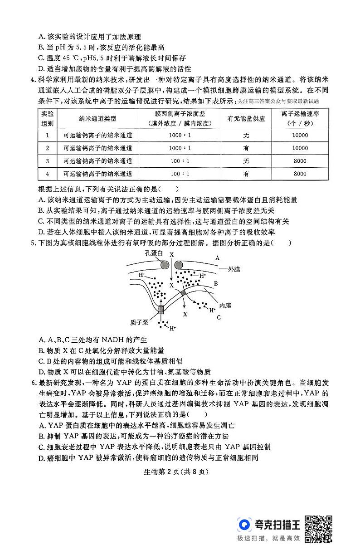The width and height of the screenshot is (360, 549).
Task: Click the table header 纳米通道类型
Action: click(97, 119)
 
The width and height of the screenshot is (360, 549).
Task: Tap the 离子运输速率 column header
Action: click(300, 119)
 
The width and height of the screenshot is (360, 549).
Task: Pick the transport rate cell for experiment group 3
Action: click(300, 160)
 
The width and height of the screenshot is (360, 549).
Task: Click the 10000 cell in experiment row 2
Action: click(300, 148)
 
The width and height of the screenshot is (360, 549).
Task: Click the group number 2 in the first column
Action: click(47, 148)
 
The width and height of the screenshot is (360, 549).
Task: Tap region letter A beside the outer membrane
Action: click(217, 257)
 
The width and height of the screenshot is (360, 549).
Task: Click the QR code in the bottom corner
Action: click(318, 529)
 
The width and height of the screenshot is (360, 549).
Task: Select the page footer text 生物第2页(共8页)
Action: click(180, 471)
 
